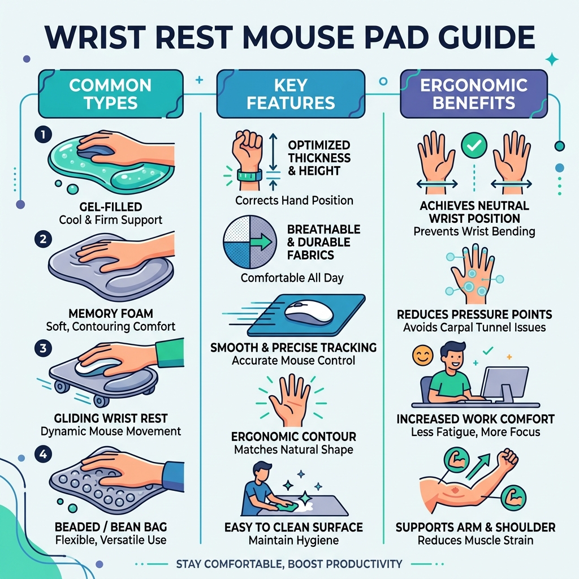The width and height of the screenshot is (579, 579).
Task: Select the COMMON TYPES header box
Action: point(110,94)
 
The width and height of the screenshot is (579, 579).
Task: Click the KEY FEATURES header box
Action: point(291,94)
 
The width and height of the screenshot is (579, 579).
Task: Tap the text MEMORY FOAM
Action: point(111,313)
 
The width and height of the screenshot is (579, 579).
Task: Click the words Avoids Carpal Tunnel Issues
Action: point(474,327)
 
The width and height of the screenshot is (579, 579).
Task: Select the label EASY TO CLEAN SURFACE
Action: point(293,528)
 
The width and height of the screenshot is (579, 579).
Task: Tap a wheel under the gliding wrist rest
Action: point(101,400)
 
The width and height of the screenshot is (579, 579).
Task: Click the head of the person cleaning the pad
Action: point(261,470)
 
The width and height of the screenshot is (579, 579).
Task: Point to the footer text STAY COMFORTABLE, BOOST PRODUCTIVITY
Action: point(289,564)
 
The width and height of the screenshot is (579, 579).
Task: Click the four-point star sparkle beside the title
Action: point(551,59)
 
